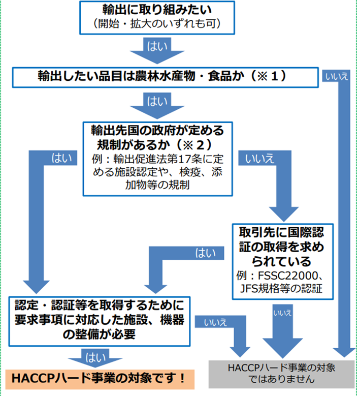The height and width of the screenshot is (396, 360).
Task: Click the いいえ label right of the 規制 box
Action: coord(259,158)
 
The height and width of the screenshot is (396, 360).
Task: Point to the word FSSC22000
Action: coord(290,276)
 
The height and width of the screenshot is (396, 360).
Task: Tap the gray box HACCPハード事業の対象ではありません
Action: coord(282,373)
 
